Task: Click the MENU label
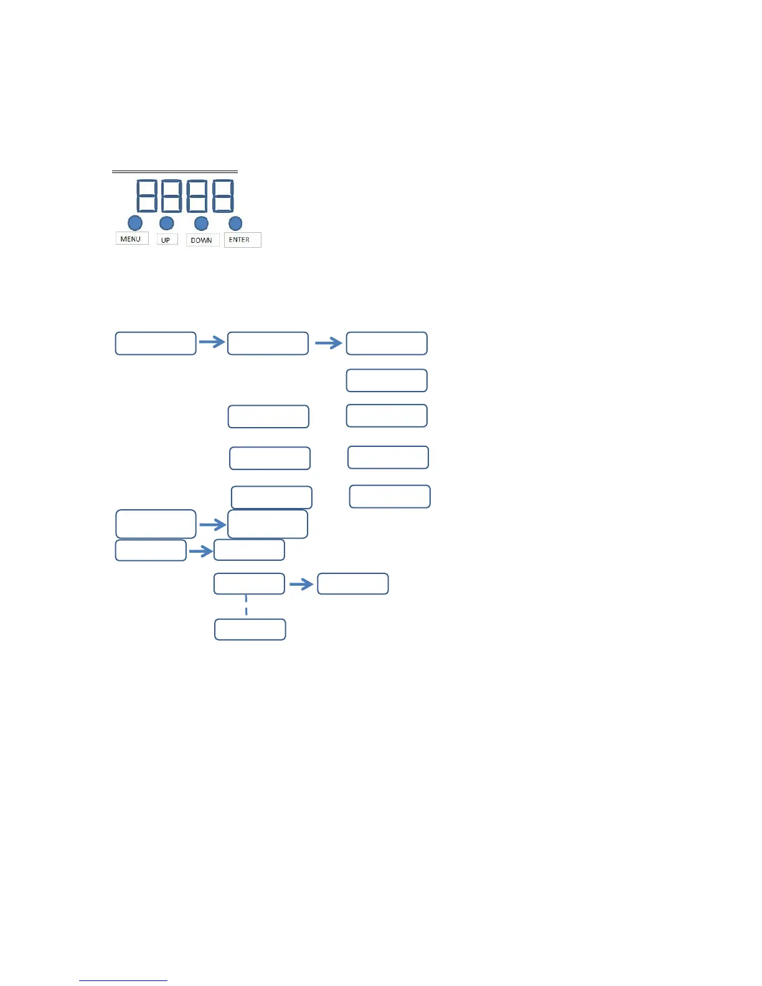coord(131,239)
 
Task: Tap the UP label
coord(166,240)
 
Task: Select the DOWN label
coord(202,240)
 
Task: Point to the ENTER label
coord(242,240)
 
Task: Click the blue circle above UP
coord(167,223)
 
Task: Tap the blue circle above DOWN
coord(201,223)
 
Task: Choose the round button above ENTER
coord(235,223)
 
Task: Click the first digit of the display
coord(147,195)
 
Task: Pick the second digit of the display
coord(171,195)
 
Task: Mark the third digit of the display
coord(197,195)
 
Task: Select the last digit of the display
coord(223,195)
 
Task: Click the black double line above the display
coord(175,171)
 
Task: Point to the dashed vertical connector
coord(247,606)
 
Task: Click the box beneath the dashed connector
coord(250,629)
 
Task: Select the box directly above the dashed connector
coord(249,584)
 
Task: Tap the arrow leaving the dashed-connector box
coord(301,585)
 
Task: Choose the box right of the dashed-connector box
coord(353,584)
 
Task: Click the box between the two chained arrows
coord(268,344)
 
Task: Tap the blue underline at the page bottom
coord(123,980)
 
